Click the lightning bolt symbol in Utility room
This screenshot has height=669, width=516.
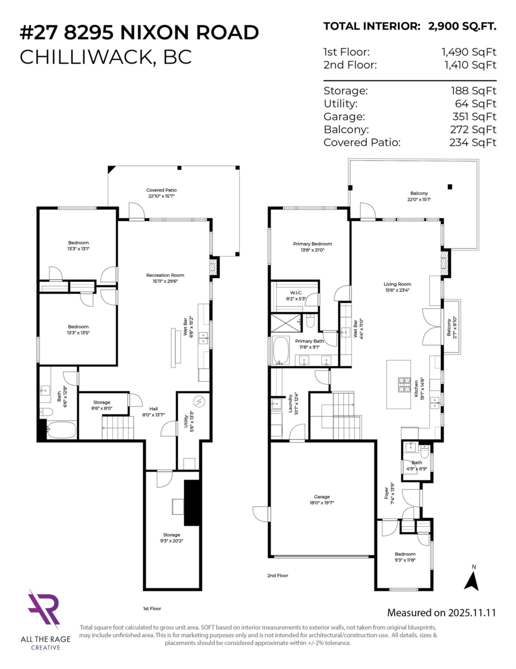[x=199, y=402]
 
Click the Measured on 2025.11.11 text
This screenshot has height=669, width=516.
[x=441, y=613]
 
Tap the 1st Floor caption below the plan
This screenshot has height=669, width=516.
[x=152, y=608]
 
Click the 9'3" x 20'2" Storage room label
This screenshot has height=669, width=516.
[x=171, y=538]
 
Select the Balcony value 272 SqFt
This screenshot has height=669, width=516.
[x=473, y=129]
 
